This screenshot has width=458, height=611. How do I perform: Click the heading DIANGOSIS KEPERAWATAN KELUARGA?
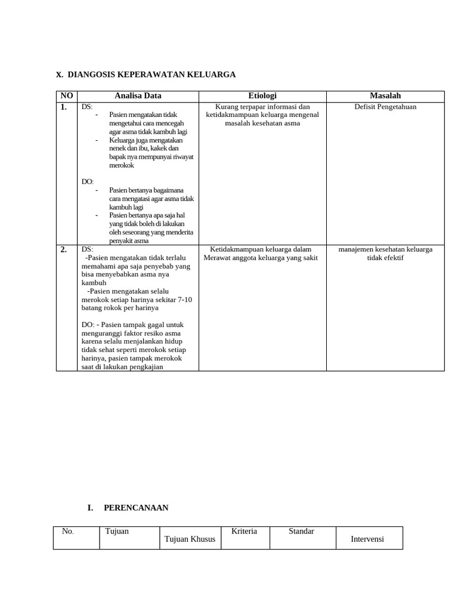(x=151, y=75)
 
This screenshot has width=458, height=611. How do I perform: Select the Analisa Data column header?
(x=138, y=95)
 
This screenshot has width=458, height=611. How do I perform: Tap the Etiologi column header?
(x=262, y=95)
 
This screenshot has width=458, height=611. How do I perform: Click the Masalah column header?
(x=385, y=95)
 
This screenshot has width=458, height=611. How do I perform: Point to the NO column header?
(x=67, y=95)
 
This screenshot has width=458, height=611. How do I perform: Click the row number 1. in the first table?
(x=63, y=107)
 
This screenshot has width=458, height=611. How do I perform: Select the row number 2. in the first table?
(x=63, y=250)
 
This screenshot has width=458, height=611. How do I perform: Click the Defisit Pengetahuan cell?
(x=385, y=107)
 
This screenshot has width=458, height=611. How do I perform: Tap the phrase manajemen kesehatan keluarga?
(x=385, y=249)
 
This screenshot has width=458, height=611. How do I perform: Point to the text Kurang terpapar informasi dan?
(x=262, y=107)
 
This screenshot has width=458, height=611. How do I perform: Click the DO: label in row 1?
(x=88, y=181)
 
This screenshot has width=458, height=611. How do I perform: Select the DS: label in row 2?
(x=88, y=249)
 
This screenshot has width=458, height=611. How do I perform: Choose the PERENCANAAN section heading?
(x=136, y=508)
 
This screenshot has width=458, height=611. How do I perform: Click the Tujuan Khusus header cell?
(x=190, y=539)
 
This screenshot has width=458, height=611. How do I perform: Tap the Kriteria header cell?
(x=244, y=531)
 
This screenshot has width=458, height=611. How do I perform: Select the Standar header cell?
(x=301, y=531)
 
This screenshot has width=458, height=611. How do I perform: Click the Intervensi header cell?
(x=368, y=539)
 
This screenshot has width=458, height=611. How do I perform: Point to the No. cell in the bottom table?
(x=68, y=531)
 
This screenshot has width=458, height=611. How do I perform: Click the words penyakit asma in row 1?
(x=129, y=241)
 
